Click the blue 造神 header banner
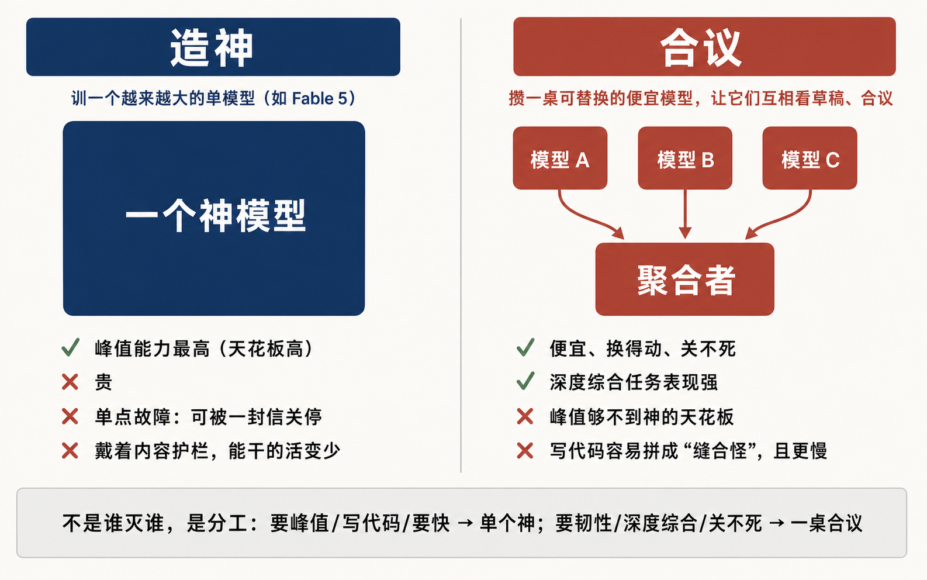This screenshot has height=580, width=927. tap(213, 47)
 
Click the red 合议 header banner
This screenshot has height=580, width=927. tap(704, 46)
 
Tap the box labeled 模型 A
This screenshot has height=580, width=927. tap(560, 158)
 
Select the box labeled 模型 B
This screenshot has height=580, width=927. tap(685, 158)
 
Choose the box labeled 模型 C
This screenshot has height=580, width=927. tap(810, 158)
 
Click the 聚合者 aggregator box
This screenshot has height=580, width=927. tap(685, 279)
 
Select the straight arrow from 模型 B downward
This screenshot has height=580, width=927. tap(685, 214)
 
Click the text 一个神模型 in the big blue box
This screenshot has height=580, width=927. tap(215, 216)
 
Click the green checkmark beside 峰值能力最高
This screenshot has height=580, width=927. tap(70, 347)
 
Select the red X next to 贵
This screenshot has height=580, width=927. tap(70, 382)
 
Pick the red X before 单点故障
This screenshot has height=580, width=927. tap(70, 416)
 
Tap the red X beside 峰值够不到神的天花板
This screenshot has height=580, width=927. tap(525, 416)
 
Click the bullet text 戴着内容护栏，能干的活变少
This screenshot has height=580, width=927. tap(217, 451)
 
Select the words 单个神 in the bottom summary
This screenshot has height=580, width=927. tap(507, 523)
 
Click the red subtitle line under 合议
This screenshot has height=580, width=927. tap(701, 99)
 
